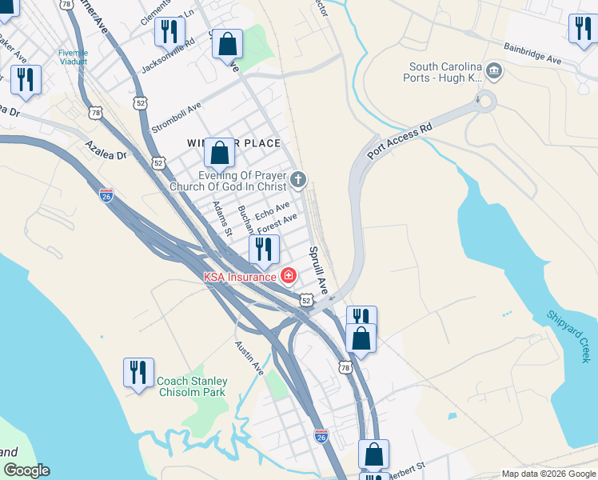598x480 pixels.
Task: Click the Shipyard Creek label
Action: coord(569,337)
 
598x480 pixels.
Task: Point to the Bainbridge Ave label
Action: coord(532,54)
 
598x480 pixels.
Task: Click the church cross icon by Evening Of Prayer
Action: coord(298,179)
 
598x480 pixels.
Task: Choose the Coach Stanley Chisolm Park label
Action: coord(192,386)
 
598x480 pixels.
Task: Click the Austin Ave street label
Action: coord(249,358)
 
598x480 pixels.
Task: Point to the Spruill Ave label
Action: coord(319,269)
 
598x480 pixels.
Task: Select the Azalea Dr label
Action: coord(106,150)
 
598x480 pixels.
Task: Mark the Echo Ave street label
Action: coord(272,211)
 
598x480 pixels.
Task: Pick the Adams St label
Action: coord(221,218)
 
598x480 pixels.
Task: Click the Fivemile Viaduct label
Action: coord(74,58)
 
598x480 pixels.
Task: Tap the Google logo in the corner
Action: coord(26,470)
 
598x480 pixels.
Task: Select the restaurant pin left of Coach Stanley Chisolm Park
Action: coord(138,373)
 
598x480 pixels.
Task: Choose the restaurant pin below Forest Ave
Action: coord(263,250)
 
